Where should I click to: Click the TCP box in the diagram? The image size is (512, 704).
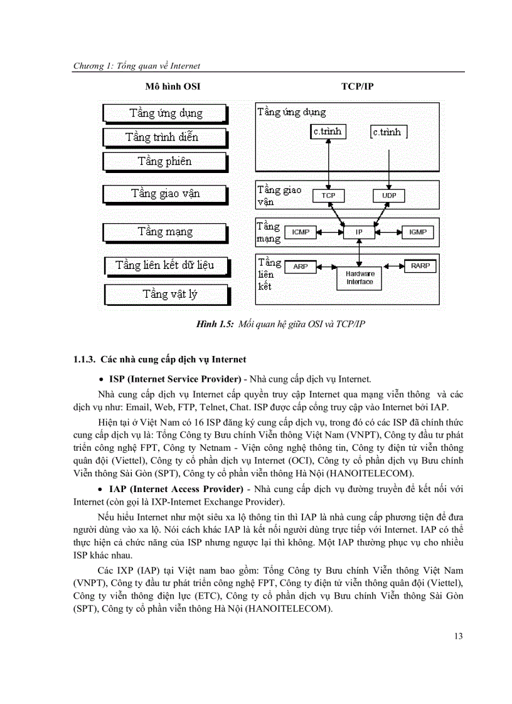click(328, 196)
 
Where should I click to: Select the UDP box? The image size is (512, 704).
click(389, 196)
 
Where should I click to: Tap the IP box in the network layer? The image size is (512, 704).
click(359, 232)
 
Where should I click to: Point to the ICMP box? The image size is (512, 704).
click(301, 232)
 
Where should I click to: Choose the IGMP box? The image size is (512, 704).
click(417, 232)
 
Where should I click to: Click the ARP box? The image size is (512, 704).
click(301, 266)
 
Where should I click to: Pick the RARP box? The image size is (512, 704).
click(420, 266)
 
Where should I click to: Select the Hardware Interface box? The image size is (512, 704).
click(360, 278)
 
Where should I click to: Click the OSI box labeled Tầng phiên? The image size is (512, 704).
click(164, 162)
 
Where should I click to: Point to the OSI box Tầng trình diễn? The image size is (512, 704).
click(164, 137)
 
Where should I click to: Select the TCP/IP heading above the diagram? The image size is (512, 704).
click(358, 86)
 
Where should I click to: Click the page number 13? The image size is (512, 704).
click(457, 636)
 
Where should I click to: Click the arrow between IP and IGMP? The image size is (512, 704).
click(388, 232)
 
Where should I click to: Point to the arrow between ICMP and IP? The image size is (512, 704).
click(330, 232)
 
